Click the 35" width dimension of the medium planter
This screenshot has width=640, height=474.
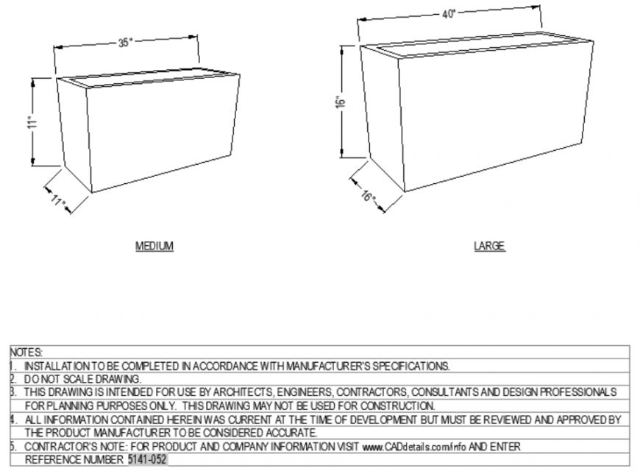[124, 43]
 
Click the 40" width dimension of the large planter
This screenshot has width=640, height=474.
[449, 14]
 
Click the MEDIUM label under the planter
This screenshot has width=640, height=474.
[154, 246]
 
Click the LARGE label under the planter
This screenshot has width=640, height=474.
[489, 246]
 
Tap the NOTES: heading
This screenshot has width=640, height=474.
[26, 353]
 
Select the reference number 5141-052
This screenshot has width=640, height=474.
[147, 459]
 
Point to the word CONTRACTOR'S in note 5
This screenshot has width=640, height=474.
[60, 446]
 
